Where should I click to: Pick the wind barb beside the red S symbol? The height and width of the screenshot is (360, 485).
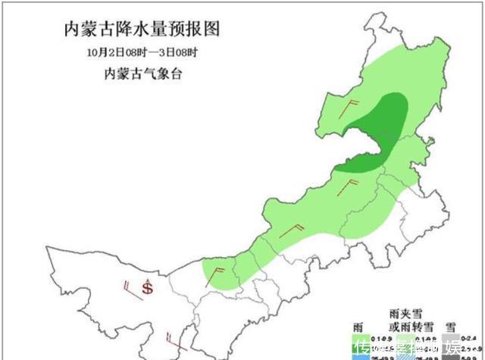tap(129, 288)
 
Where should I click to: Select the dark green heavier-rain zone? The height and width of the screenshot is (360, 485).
tap(379, 133)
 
